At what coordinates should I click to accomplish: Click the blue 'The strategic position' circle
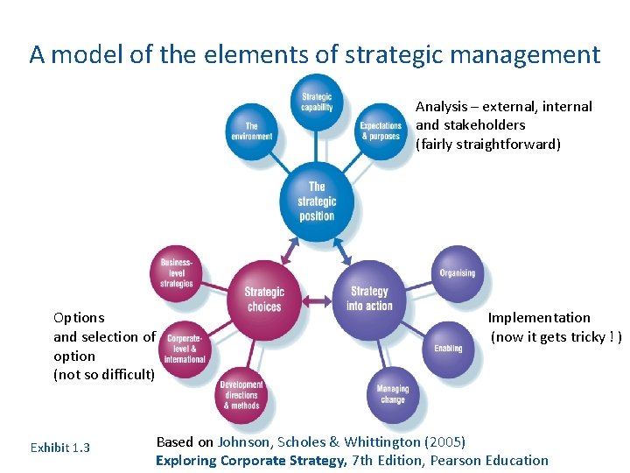[317, 201]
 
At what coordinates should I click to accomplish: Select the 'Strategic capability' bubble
[317, 102]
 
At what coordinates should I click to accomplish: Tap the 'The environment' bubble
[252, 131]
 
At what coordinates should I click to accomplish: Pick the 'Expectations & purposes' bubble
[381, 131]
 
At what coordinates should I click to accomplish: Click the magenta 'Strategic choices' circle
[263, 299]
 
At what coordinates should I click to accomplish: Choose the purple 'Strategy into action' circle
[369, 298]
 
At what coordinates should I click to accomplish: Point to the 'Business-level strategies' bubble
[177, 272]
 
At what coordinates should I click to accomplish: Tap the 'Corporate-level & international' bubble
[185, 348]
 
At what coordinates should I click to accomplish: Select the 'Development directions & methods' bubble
[241, 395]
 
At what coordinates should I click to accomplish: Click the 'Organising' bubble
[457, 272]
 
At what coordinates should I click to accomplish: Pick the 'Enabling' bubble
[448, 348]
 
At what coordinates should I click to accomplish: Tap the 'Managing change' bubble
[393, 395]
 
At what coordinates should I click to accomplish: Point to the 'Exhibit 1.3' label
[59, 448]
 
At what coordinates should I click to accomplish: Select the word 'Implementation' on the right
[539, 317]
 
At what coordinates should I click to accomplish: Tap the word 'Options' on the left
[79, 317]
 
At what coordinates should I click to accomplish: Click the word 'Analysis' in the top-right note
[442, 106]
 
